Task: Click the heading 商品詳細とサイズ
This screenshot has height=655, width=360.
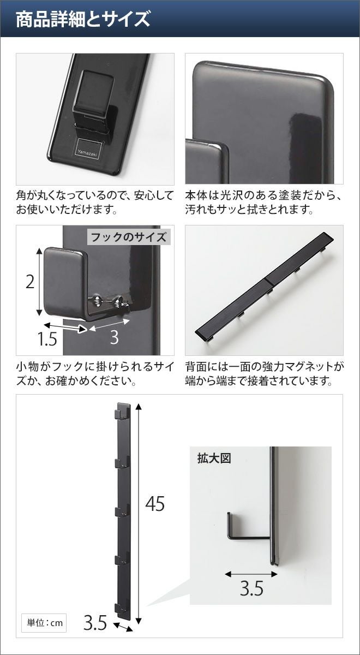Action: (83, 19)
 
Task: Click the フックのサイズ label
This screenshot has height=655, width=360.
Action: (129, 237)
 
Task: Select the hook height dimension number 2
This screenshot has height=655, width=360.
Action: (30, 283)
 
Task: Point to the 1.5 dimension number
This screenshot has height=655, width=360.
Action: (47, 339)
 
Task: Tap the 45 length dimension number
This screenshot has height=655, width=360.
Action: (155, 503)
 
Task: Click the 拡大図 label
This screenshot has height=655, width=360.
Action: (214, 458)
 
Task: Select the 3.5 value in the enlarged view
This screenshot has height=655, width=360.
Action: (251, 588)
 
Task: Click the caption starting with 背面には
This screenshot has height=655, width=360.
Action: (264, 373)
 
